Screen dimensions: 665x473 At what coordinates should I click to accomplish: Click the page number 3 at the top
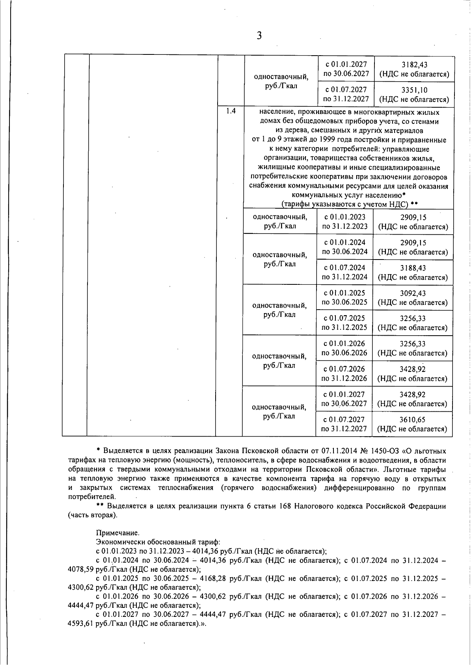pos(259,36)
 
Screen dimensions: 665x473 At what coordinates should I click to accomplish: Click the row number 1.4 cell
pos(231,111)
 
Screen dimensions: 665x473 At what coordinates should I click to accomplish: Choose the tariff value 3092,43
pos(413,293)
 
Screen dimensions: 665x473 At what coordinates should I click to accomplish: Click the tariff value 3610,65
pos(412,420)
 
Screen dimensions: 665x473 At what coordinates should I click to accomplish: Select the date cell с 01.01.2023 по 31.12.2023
pos(345,222)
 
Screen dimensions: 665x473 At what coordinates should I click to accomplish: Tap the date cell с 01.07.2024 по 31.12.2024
pos(345,272)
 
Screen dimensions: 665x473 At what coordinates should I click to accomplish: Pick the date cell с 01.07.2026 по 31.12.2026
pos(344,374)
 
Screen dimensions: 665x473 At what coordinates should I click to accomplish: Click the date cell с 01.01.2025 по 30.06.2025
pos(345,297)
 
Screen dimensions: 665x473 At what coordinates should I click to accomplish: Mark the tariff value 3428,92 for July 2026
pos(412,369)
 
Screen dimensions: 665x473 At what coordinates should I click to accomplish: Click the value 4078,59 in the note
pos(81,569)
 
